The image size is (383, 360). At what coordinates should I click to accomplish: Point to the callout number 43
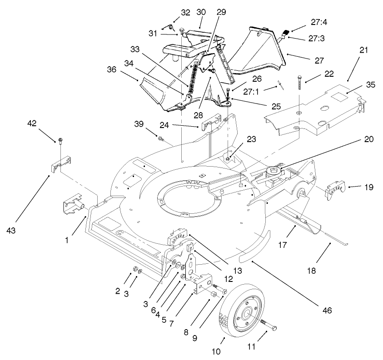click(x=11, y=231)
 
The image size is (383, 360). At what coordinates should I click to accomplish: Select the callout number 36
click(x=112, y=69)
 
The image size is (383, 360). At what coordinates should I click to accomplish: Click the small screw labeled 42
click(x=60, y=141)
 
